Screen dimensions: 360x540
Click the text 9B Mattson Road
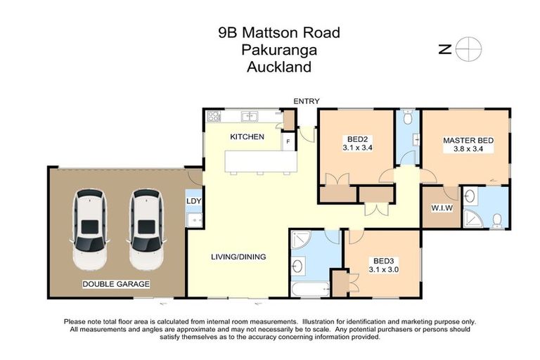pos(278,32)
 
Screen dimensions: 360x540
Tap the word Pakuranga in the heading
pos(278,50)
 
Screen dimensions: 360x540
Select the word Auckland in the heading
pos(278,67)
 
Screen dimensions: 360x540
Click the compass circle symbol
pos(468,49)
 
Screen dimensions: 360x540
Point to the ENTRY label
pos(307,101)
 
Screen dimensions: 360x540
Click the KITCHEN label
pos(247,136)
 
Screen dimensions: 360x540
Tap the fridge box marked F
pos(287,142)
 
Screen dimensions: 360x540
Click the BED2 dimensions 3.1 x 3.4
pos(357,148)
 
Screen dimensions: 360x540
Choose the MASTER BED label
pos(468,141)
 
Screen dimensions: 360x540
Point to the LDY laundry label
pos(193,201)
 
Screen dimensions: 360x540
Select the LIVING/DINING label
pos(238,257)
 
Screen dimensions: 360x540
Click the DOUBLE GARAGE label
pos(116,283)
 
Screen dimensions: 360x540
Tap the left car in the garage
pos(90,229)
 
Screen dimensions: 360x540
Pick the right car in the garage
pos(146,229)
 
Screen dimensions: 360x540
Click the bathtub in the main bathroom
pos(309,288)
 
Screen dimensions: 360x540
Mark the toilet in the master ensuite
pos(497,221)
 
